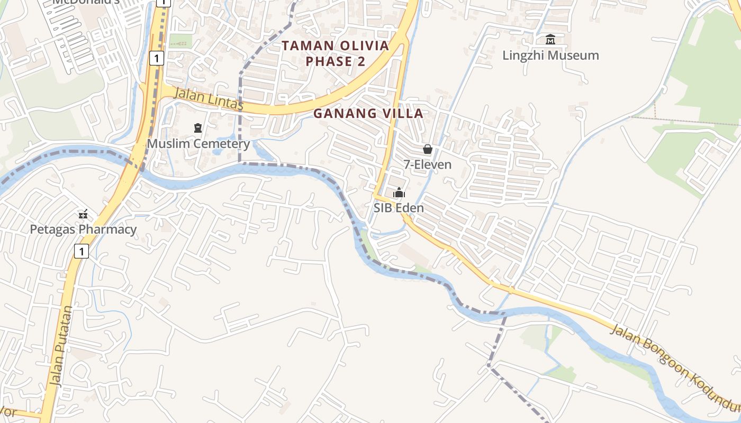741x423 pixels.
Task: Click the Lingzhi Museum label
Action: (550, 56)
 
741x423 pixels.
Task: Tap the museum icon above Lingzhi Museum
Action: (550, 40)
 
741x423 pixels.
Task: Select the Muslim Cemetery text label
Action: (198, 143)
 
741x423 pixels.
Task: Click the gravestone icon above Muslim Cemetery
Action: (198, 128)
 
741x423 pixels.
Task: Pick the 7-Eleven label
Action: (428, 164)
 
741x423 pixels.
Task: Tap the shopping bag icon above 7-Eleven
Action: (428, 150)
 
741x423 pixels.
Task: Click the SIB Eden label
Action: (399, 208)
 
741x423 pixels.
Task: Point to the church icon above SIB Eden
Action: (399, 193)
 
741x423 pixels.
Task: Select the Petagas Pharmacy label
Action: (83, 229)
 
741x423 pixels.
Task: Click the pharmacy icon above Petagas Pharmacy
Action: (83, 214)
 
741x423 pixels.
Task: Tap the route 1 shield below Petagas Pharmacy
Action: (81, 251)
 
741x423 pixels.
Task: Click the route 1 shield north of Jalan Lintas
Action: (156, 58)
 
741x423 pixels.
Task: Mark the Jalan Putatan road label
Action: (62, 346)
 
